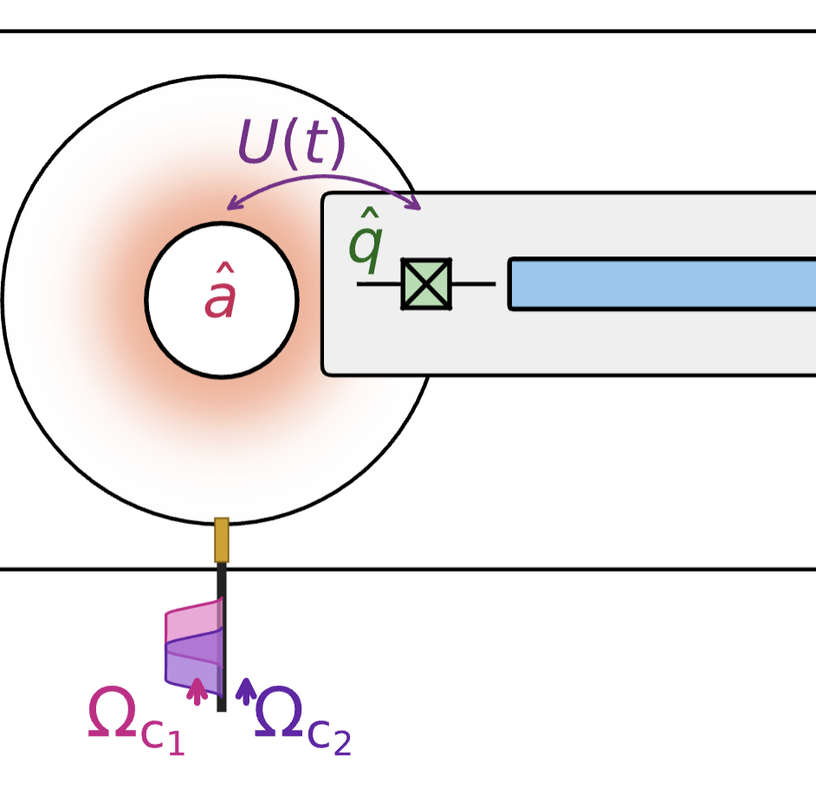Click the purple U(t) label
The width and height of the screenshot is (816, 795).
(x=291, y=143)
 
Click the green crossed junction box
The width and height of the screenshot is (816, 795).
(x=426, y=283)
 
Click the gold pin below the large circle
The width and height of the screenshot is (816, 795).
(x=222, y=540)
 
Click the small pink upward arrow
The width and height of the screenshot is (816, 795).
(x=198, y=691)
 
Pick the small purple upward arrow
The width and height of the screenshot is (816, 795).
(x=246, y=691)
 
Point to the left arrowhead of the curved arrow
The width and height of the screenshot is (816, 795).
(x=230, y=205)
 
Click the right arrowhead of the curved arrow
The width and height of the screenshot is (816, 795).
(x=417, y=204)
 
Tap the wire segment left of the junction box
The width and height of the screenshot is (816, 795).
(x=379, y=283)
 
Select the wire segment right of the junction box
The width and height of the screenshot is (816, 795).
(x=473, y=283)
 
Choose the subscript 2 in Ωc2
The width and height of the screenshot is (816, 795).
(x=342, y=743)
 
